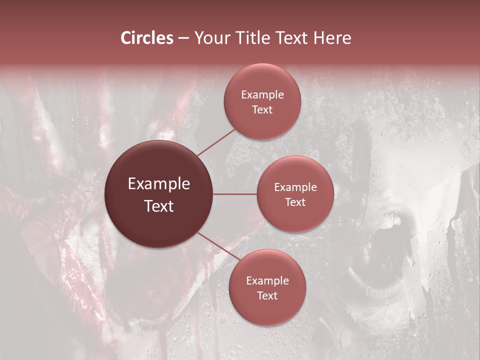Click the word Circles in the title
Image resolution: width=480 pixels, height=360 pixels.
click(146, 38)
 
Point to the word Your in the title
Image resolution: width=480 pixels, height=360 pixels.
click(210, 38)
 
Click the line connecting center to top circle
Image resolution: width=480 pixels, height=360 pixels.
click(216, 141)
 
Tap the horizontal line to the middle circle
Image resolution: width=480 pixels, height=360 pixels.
click(235, 194)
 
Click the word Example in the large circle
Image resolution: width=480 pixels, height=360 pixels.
click(159, 184)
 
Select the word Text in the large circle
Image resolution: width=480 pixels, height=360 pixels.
click(159, 206)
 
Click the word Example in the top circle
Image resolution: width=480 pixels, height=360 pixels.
click(262, 95)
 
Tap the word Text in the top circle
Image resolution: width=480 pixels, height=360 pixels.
click(262, 109)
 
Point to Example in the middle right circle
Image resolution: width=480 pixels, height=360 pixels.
click(295, 187)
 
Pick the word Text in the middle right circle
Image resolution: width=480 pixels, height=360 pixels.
click(295, 202)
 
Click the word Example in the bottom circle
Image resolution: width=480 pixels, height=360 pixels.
click(267, 281)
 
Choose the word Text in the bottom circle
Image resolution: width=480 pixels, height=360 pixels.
click(267, 295)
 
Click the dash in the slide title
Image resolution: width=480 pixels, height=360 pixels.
click(183, 38)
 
